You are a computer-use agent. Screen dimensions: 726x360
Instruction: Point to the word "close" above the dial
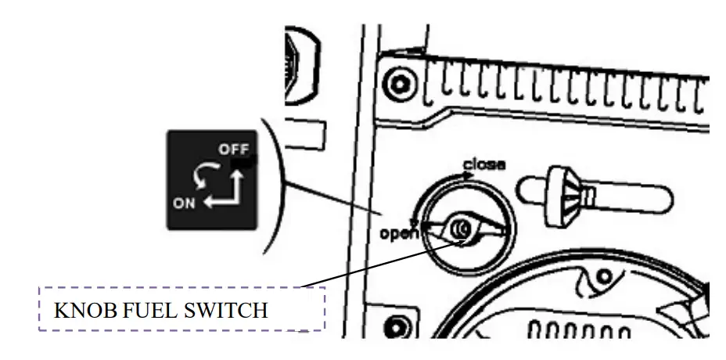pos(484,164)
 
